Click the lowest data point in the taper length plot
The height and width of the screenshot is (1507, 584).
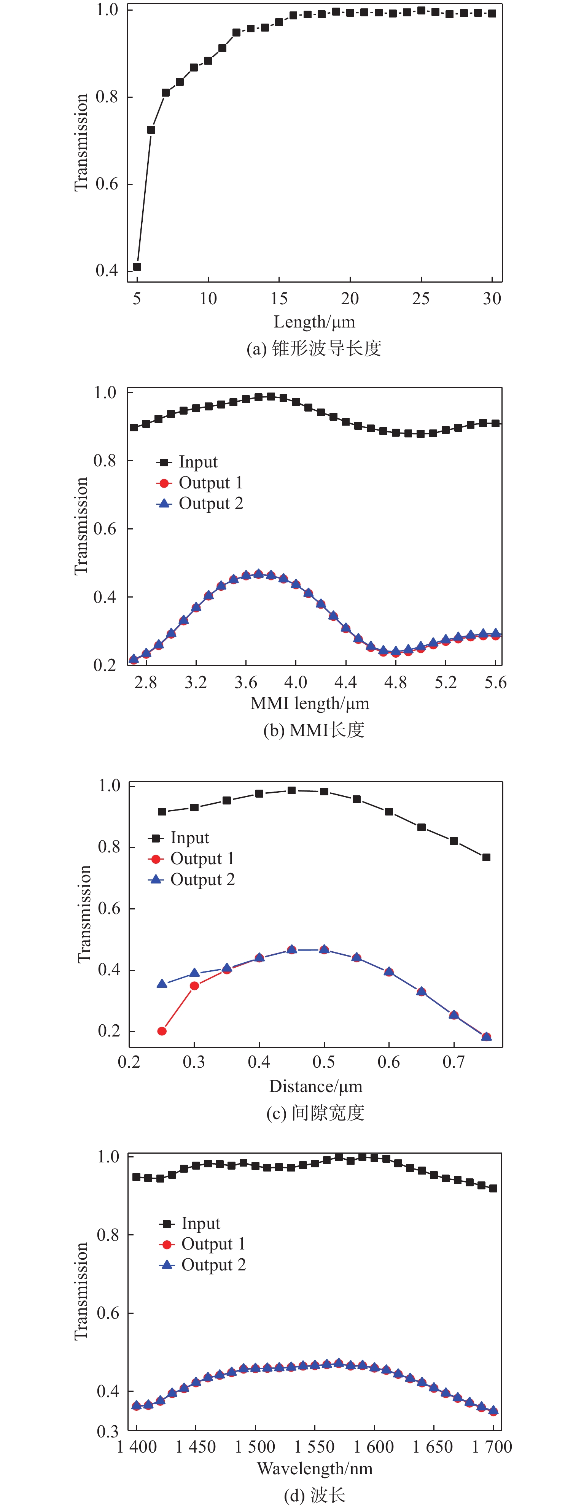pyautogui.click(x=137, y=267)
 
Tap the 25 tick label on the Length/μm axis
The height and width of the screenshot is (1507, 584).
pyautogui.click(x=421, y=299)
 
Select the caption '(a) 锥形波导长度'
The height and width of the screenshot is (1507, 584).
pyautogui.click(x=314, y=349)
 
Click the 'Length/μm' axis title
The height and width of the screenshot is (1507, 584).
pyautogui.click(x=314, y=322)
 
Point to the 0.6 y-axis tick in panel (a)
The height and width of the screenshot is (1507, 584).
pyautogui.click(x=107, y=184)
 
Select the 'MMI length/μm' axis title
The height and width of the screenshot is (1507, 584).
pyautogui.click(x=310, y=703)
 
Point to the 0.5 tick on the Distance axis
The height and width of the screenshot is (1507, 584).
pyautogui.click(x=324, y=1062)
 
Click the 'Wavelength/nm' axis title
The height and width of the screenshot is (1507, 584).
pyautogui.click(x=314, y=1468)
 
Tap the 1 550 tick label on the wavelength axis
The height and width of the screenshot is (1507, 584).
pyautogui.click(x=314, y=1447)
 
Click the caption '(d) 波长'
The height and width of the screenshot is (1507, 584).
pyautogui.click(x=314, y=1495)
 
